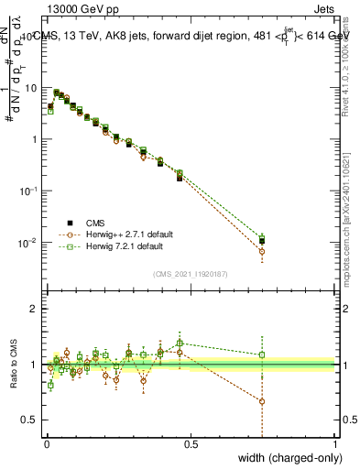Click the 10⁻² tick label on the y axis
click(29, 243)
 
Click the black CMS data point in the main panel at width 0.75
click(263, 241)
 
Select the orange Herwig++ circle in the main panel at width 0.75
click(263, 251)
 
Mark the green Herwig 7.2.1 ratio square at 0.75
click(263, 354)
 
